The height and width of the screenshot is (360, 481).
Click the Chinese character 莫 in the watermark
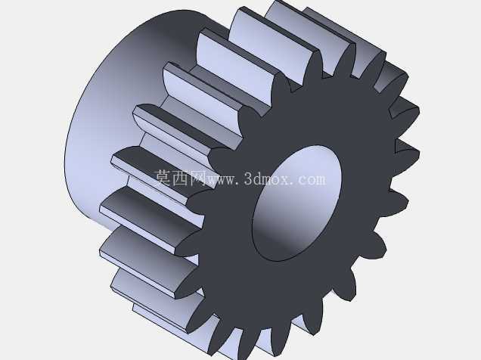[x=163, y=178]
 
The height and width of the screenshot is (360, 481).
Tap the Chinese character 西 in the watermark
[x=182, y=178]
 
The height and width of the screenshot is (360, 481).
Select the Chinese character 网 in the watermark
[x=198, y=178]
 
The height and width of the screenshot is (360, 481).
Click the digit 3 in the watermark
[x=249, y=178]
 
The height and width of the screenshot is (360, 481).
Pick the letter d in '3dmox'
[x=258, y=178]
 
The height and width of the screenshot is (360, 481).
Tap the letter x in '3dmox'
[x=284, y=180]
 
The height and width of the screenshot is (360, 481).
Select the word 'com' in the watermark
[x=312, y=180]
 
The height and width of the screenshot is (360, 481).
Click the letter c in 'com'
[x=301, y=180]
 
